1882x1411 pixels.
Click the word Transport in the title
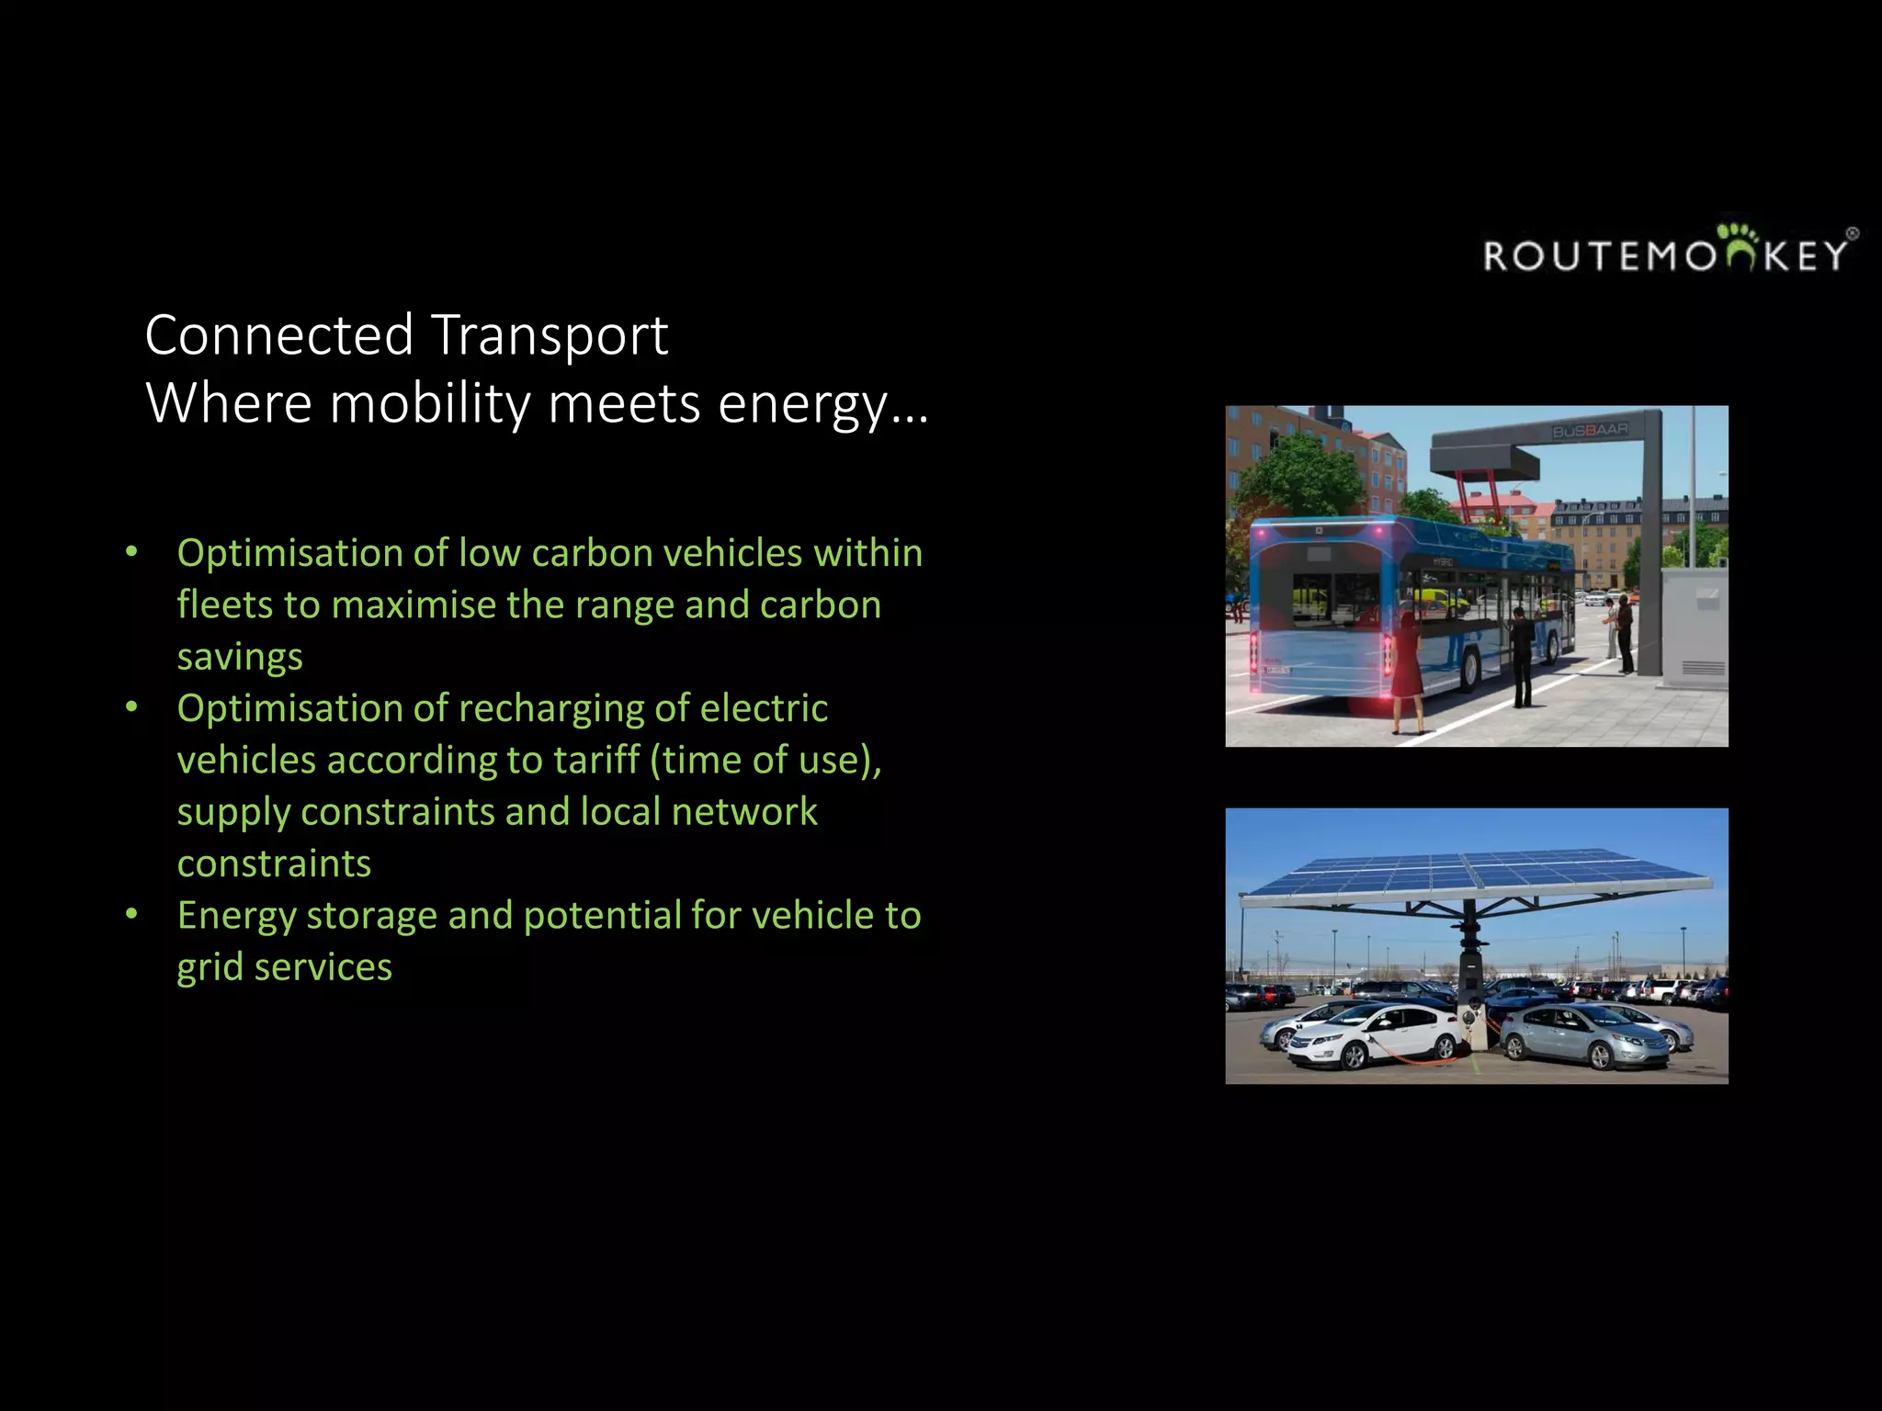tap(549, 335)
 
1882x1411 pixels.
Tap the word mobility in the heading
tap(430, 404)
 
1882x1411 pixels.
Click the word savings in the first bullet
tap(240, 658)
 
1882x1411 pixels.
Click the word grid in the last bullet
tap(210, 968)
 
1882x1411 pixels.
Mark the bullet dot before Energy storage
tap(132, 914)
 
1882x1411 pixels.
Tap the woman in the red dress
tap(1406, 671)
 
